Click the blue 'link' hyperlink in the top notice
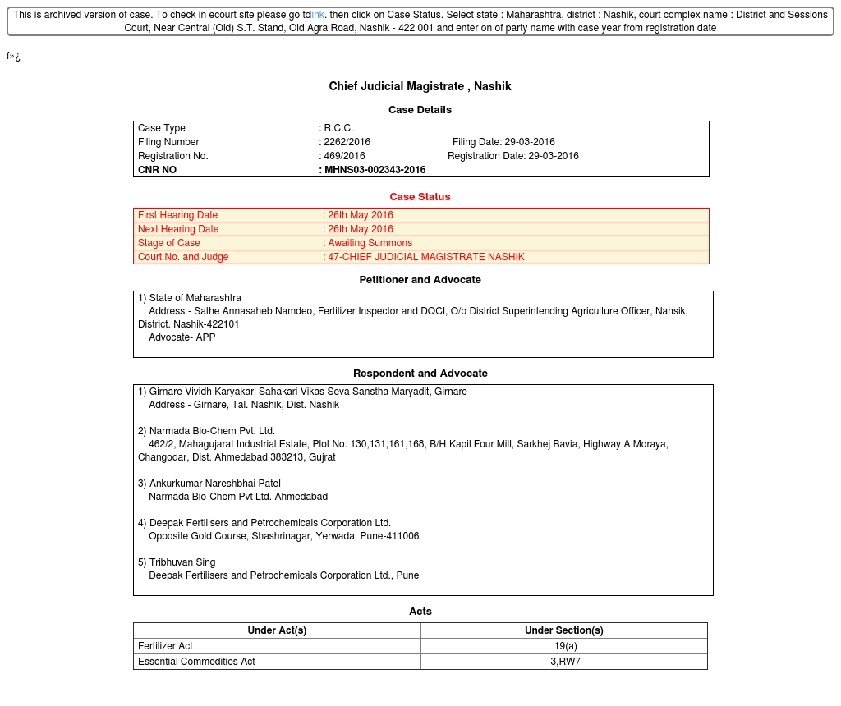[x=317, y=15]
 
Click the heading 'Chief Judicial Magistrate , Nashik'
[x=420, y=86]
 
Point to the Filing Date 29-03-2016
[x=529, y=142]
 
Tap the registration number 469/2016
[x=344, y=156]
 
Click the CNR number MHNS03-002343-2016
[x=375, y=170]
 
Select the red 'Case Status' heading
[x=420, y=197]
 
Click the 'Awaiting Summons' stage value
[x=370, y=243]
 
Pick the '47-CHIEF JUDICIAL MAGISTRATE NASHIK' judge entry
[x=425, y=257]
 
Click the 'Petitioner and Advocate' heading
[x=420, y=280]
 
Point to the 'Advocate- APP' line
[x=182, y=337]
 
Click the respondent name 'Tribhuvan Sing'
[x=182, y=562]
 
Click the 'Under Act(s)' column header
[x=277, y=630]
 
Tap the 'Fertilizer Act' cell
[x=165, y=646]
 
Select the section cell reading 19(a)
[x=563, y=646]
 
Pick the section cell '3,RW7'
[x=564, y=662]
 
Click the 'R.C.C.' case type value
[x=338, y=128]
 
